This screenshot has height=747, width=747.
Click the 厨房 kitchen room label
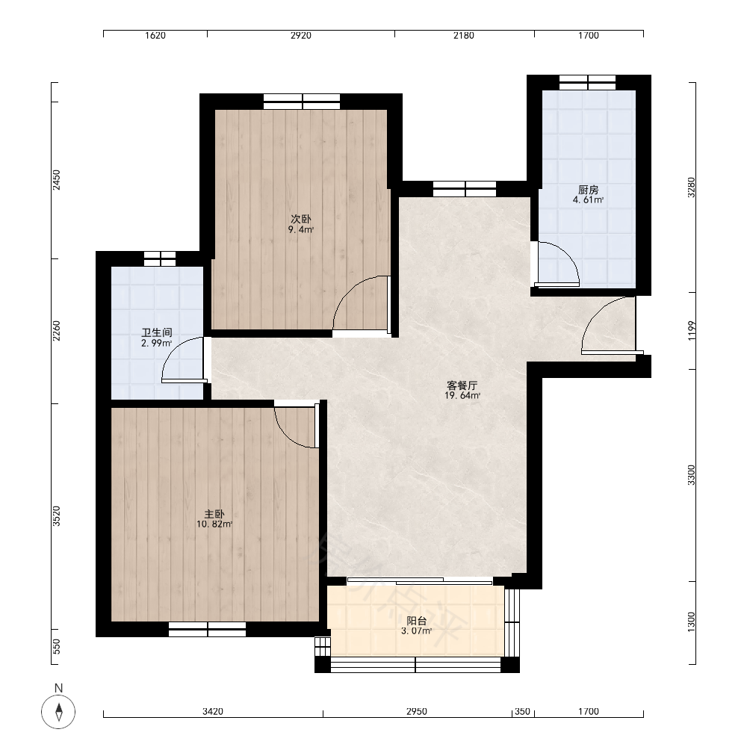589,190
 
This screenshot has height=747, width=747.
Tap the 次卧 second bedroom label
301,219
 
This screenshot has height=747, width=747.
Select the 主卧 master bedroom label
214,514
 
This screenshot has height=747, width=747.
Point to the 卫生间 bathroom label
157,332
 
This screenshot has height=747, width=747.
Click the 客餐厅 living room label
462,385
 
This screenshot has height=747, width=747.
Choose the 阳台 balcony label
417,621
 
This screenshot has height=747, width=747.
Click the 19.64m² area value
462,395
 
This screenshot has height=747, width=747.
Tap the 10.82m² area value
214,524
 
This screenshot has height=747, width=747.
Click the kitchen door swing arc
567,252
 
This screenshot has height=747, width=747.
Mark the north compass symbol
58,712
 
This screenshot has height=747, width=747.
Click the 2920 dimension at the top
301,35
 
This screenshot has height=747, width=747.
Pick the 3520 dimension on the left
56,516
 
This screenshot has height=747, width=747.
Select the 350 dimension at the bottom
523,711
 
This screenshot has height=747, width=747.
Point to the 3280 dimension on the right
691,187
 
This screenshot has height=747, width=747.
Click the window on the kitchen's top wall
588,82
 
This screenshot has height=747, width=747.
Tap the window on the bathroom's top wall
160,258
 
